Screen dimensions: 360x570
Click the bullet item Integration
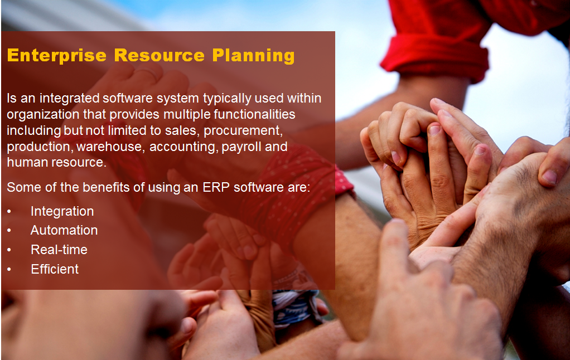click(62, 211)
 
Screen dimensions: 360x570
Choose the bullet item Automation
click(64, 230)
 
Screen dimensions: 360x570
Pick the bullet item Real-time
click(59, 250)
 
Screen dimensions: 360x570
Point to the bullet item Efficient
click(55, 269)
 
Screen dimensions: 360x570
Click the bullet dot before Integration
click(9, 212)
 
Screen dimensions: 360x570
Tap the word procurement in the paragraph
click(244, 131)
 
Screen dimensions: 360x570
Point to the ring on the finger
click(148, 72)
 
